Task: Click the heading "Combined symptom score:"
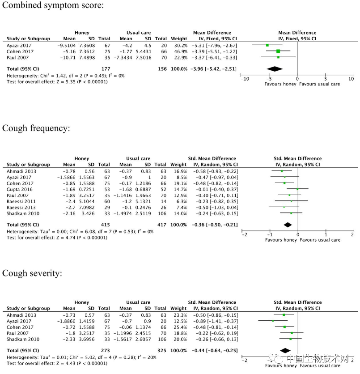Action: tap(53, 6)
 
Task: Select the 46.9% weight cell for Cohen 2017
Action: tap(178, 51)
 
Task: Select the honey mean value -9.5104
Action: tap(66, 46)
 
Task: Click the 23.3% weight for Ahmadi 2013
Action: tap(178, 315)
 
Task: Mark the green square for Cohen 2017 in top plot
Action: tap(278, 51)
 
